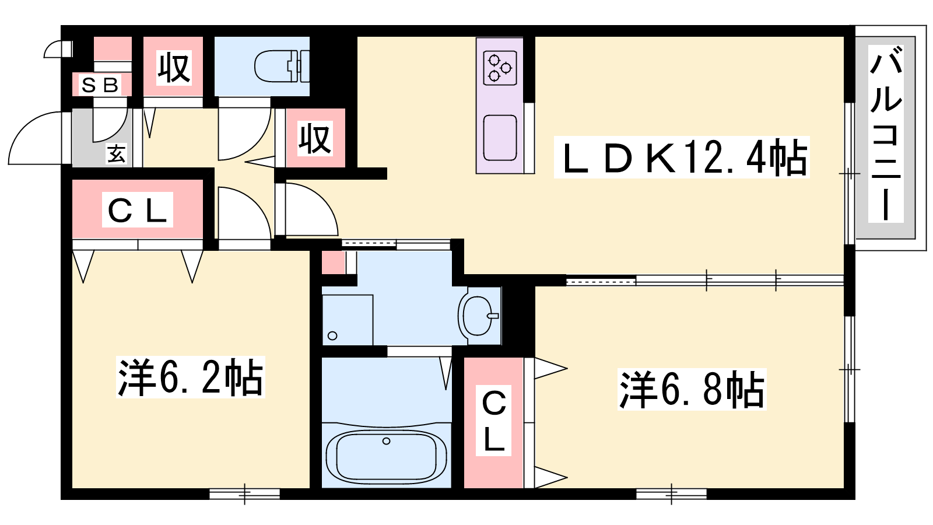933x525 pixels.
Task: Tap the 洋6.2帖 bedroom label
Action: pyautogui.click(x=190, y=377)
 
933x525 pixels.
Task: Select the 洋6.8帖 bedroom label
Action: pyautogui.click(x=692, y=390)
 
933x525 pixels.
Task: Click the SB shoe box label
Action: pyautogui.click(x=100, y=85)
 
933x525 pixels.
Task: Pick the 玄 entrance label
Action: pyautogui.click(x=117, y=154)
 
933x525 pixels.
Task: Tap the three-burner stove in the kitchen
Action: pyautogui.click(x=500, y=68)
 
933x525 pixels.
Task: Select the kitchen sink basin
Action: pyautogui.click(x=500, y=138)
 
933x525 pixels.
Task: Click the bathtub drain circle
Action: pyautogui.click(x=386, y=441)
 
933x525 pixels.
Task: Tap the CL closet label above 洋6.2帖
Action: pyautogui.click(x=138, y=209)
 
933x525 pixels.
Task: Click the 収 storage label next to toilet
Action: pyautogui.click(x=174, y=68)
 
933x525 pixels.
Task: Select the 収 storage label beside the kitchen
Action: pyautogui.click(x=315, y=138)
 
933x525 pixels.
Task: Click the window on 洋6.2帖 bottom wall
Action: pyautogui.click(x=244, y=494)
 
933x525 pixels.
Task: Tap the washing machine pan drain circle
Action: pyautogui.click(x=332, y=335)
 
